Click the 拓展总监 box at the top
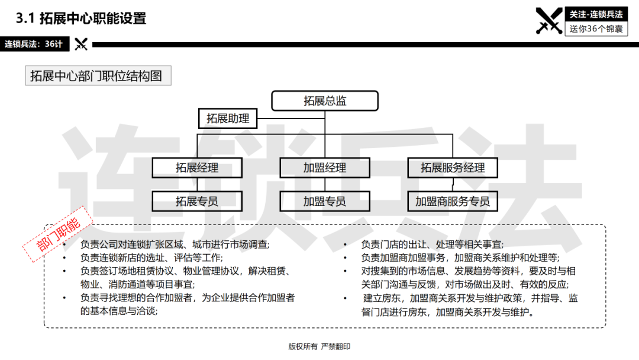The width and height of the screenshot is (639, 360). point(325,101)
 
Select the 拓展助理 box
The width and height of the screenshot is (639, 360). point(228,118)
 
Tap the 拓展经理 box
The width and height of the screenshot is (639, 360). point(197,168)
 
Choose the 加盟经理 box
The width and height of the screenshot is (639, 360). point(325,168)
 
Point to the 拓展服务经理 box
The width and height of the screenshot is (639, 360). point(453,168)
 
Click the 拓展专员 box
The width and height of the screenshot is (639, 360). point(197,201)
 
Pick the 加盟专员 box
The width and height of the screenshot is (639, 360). point(325,201)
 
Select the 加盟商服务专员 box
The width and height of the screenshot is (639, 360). point(453,201)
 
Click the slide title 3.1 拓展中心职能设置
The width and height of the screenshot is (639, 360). point(80,18)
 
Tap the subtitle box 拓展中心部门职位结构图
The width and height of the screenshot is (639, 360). point(98,76)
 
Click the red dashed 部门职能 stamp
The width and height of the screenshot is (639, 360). point(58,234)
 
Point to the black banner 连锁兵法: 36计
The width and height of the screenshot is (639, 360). point(35,44)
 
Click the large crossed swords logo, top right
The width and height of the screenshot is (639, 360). point(549,20)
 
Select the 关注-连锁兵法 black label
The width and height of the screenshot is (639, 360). point(596,14)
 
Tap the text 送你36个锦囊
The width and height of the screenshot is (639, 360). point(596,29)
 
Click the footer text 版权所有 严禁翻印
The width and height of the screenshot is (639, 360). point(319,346)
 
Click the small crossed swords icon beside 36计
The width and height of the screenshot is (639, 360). point(81,44)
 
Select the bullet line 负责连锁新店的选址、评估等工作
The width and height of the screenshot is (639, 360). point(151,258)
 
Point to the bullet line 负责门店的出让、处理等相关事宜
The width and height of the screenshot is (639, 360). point(433,245)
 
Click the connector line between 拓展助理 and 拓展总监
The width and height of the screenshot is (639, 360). point(291,118)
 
